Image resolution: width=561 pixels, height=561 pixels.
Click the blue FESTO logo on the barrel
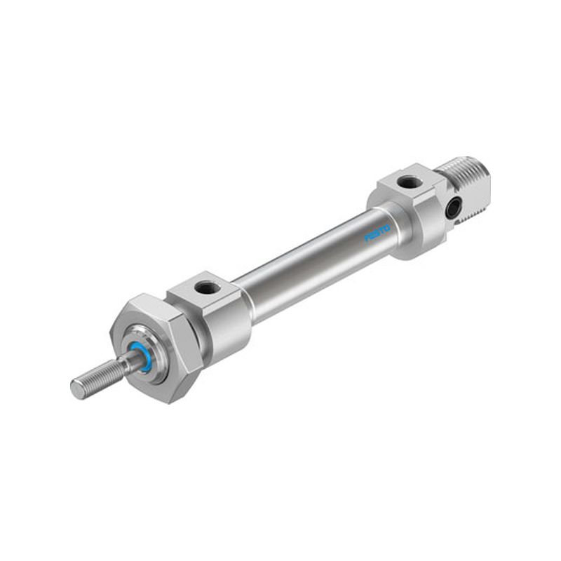click(x=377, y=234)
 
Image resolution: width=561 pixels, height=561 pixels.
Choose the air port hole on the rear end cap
click(x=407, y=182)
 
